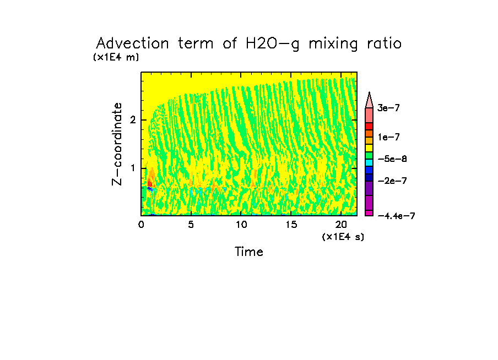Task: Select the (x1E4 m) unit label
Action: pyautogui.click(x=116, y=57)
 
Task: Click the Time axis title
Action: pyautogui.click(x=248, y=252)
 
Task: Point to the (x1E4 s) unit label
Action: pyautogui.click(x=343, y=237)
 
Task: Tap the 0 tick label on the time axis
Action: pyautogui.click(x=142, y=225)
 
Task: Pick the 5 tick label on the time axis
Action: pyautogui.click(x=191, y=225)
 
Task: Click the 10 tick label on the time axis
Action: pyautogui.click(x=241, y=225)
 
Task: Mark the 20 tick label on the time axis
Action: pyautogui.click(x=340, y=225)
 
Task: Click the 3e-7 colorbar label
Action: pyautogui.click(x=388, y=108)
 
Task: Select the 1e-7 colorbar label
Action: pyautogui.click(x=388, y=137)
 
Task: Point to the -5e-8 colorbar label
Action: pyautogui.click(x=392, y=159)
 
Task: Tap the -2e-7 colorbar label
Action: pyautogui.click(x=392, y=181)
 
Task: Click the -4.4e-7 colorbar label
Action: pyautogui.click(x=396, y=216)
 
